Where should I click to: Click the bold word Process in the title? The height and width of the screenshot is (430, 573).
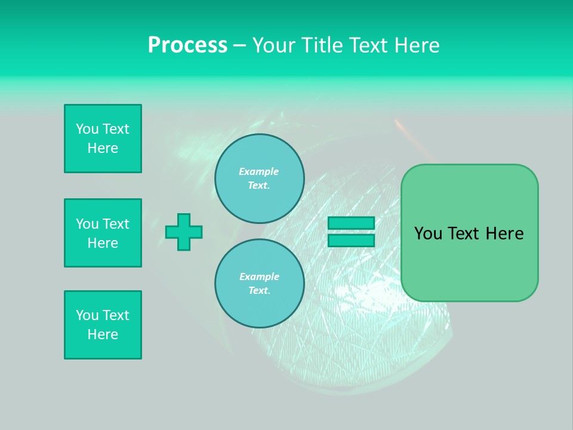(x=187, y=45)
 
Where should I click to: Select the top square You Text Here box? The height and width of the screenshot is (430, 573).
(x=103, y=139)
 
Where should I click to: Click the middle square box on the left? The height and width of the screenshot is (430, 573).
(x=103, y=233)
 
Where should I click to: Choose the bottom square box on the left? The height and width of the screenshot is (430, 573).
(x=103, y=325)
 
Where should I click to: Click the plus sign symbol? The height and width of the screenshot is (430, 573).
(x=184, y=232)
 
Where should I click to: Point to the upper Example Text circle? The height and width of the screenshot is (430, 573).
(x=259, y=178)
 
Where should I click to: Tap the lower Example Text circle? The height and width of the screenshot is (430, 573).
(x=259, y=283)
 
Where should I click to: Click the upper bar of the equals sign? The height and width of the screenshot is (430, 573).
(x=351, y=223)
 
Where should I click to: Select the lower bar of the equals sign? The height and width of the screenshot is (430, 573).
(x=351, y=240)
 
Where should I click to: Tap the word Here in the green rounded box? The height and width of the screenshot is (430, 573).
(x=504, y=234)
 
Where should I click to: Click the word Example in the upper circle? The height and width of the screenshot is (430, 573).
(x=258, y=171)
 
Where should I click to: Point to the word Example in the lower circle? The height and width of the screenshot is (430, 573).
(x=259, y=277)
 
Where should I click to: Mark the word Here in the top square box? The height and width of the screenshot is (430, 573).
(x=103, y=148)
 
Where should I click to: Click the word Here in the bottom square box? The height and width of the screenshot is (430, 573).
(x=103, y=334)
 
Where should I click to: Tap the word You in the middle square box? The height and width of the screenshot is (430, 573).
(x=87, y=224)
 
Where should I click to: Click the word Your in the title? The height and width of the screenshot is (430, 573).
(x=273, y=45)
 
